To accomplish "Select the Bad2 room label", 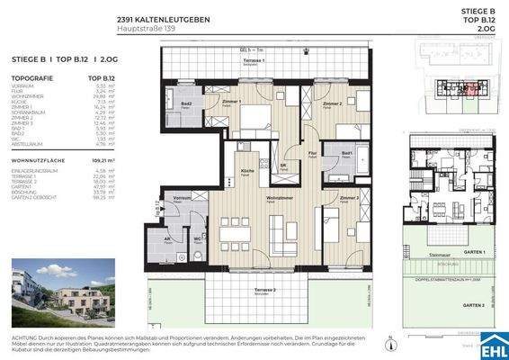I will [188, 105].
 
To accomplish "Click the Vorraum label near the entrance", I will [182, 197].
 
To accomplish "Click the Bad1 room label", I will [346, 153].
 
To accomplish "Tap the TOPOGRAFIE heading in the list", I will [31, 78].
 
